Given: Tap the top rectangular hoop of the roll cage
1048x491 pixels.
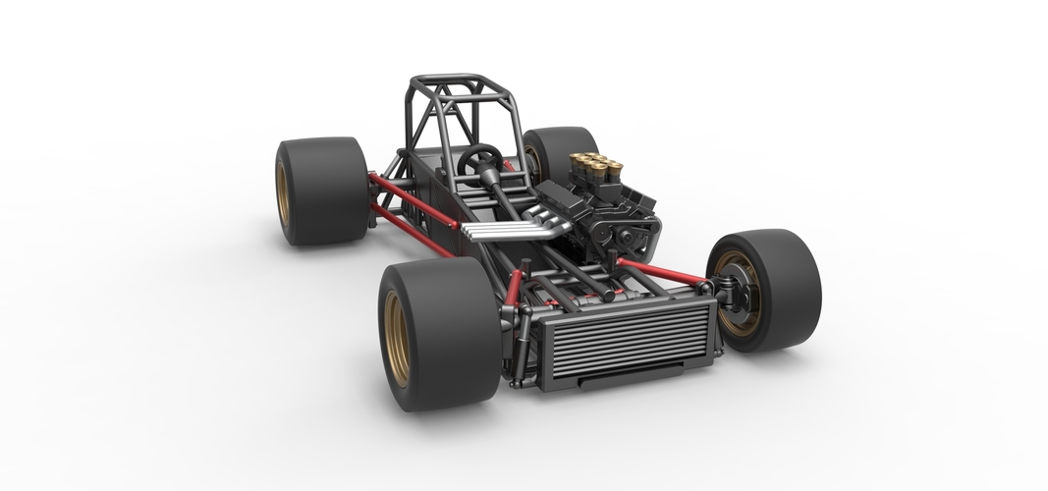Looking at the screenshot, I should click(x=452, y=82).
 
